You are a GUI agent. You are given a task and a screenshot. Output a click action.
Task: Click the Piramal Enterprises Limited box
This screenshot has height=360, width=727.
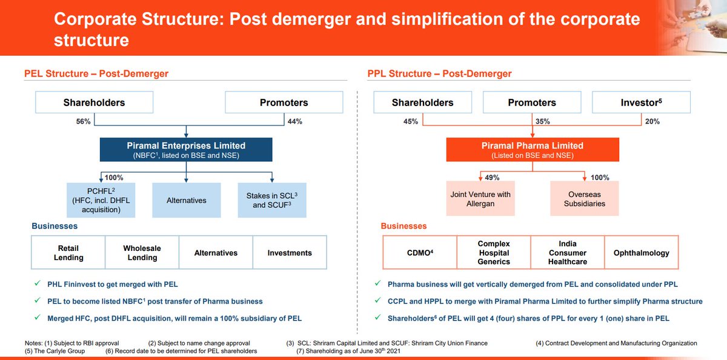(186, 150)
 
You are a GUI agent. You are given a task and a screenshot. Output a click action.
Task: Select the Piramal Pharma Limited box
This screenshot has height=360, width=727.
(532, 150)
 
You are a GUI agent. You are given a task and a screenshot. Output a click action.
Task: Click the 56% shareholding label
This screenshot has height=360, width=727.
(83, 122)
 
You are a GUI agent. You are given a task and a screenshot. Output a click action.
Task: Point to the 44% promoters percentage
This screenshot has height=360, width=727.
(295, 122)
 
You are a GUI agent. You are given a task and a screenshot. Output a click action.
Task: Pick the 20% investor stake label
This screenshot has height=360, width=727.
(652, 122)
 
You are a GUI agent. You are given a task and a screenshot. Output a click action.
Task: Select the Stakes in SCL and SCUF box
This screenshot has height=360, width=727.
(272, 201)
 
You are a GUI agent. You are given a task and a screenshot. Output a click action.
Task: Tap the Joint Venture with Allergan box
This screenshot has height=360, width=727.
(480, 199)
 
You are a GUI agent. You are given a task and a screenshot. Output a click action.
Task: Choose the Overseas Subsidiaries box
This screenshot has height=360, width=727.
(584, 199)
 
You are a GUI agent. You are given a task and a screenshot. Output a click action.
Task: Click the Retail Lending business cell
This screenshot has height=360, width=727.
(68, 253)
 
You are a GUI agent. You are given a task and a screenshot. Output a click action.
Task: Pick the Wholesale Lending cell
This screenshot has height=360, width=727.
(142, 253)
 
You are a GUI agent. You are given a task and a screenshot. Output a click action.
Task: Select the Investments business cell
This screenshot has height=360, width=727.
(290, 253)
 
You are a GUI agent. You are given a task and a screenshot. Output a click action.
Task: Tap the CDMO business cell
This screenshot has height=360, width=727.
(420, 253)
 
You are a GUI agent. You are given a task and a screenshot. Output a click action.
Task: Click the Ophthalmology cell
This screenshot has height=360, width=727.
(642, 253)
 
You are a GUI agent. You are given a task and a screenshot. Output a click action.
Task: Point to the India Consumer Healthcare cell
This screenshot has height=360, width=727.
(568, 253)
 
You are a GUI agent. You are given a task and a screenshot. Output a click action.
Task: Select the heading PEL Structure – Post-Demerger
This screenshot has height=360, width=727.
(96, 74)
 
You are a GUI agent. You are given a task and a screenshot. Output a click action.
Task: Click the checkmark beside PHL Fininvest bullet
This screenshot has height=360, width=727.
(38, 284)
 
